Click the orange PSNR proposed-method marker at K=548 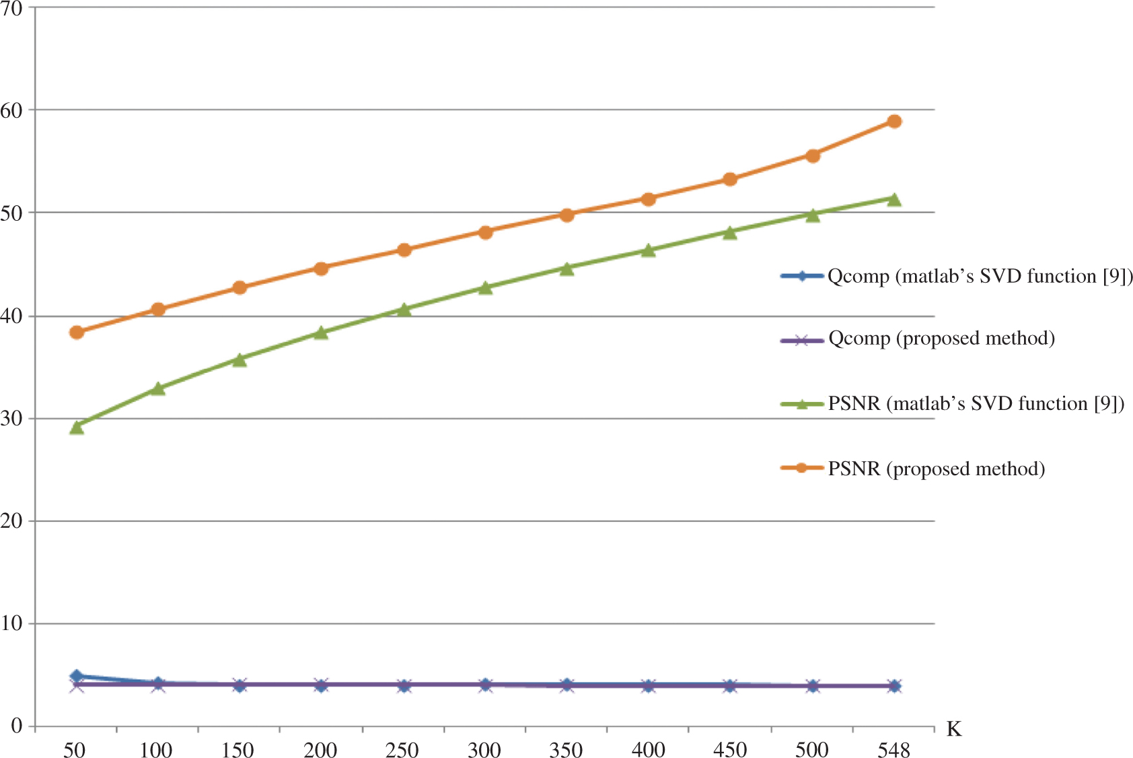(x=894, y=121)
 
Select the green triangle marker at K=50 (x=77, y=427)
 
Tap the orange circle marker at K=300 (x=486, y=232)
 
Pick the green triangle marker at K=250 (x=404, y=310)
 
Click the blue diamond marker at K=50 (x=77, y=676)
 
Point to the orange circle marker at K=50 (x=77, y=332)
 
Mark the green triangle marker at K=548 (x=894, y=199)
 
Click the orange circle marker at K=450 (x=730, y=179)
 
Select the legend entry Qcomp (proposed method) (x=941, y=338)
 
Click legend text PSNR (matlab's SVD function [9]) (x=976, y=403)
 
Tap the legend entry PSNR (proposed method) (x=936, y=469)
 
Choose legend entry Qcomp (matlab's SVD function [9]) (x=980, y=276)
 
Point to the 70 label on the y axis (x=11, y=9)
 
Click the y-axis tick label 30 (x=11, y=418)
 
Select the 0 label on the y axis (x=16, y=726)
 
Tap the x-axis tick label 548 (x=894, y=749)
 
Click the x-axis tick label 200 (x=321, y=749)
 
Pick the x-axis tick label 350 (x=566, y=749)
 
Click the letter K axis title (x=954, y=729)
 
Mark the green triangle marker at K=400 (x=649, y=250)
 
